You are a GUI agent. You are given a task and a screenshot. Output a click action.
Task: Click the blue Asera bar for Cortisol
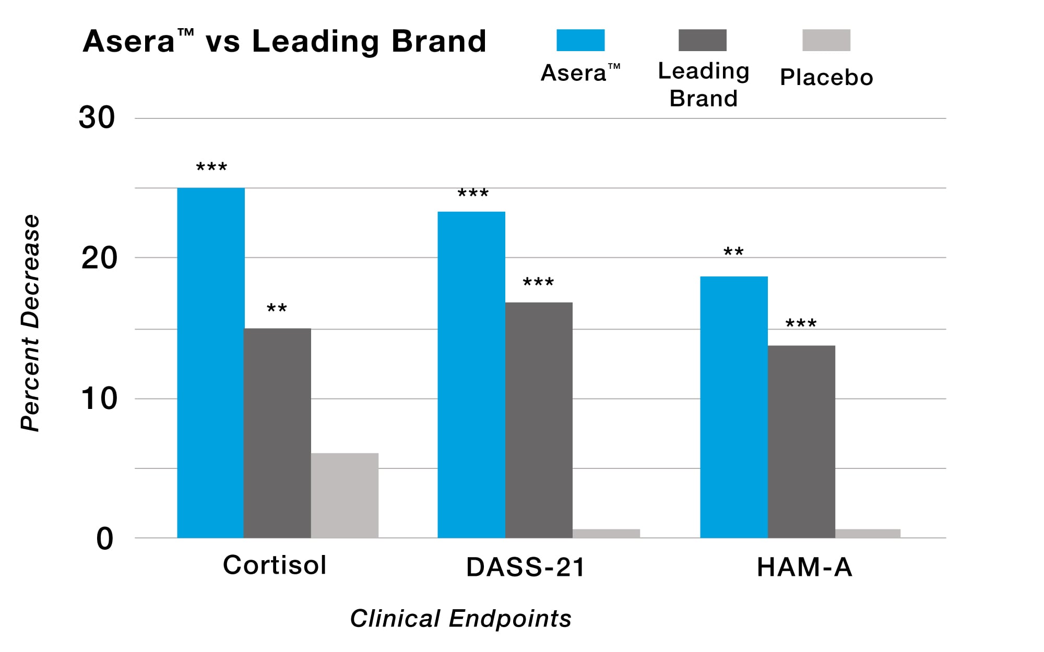pyautogui.click(x=211, y=363)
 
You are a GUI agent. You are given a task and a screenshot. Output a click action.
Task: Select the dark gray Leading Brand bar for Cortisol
pyautogui.click(x=277, y=433)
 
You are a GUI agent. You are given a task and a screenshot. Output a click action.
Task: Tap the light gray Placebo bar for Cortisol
pyautogui.click(x=345, y=496)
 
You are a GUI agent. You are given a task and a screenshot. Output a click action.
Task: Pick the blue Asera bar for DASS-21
pyautogui.click(x=471, y=375)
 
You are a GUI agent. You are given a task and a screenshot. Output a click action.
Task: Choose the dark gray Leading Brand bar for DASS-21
pyautogui.click(x=539, y=420)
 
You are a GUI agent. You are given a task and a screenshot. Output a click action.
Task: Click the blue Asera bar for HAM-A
pyautogui.click(x=734, y=407)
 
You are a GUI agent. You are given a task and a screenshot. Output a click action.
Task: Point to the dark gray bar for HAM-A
pyautogui.click(x=801, y=441)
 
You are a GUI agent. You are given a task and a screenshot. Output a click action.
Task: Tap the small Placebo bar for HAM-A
pyautogui.click(x=868, y=533)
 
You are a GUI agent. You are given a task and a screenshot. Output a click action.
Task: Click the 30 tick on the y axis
pyautogui.click(x=97, y=118)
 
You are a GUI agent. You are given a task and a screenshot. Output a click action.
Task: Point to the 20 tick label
pyautogui.click(x=99, y=258)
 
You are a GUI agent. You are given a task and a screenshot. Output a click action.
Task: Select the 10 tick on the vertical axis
pyautogui.click(x=99, y=399)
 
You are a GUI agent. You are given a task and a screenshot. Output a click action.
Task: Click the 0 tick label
pyautogui.click(x=104, y=539)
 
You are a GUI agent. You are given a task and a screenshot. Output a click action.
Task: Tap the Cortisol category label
pyautogui.click(x=275, y=565)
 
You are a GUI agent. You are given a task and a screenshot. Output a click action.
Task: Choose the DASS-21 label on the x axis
pyautogui.click(x=526, y=567)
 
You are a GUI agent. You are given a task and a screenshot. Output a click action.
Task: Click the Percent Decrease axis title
pyautogui.click(x=30, y=323)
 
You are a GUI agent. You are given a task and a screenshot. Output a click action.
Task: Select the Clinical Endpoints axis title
pyautogui.click(x=460, y=619)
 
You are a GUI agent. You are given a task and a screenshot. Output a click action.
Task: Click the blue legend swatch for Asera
pyautogui.click(x=580, y=40)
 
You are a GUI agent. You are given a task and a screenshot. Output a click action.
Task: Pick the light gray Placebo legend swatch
pyautogui.click(x=826, y=40)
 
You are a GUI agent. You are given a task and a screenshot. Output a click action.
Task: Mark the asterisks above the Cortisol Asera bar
pyautogui.click(x=211, y=167)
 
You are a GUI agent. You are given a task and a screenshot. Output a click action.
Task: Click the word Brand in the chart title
pyautogui.click(x=439, y=41)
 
